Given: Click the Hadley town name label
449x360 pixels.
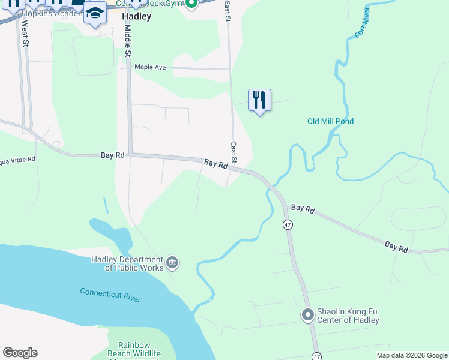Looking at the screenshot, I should [x=136, y=17].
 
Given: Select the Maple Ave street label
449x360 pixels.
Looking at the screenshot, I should [x=150, y=67].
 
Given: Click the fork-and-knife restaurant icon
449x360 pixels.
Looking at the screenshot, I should [x=259, y=100].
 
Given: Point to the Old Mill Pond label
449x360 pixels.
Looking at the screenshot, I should [x=330, y=121].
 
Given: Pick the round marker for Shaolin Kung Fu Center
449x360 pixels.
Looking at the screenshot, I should [x=308, y=315].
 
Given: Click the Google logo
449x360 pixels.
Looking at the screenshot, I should [x=20, y=353].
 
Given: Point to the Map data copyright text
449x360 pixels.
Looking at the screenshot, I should [x=412, y=355].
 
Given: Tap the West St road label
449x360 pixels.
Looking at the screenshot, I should [x=25, y=34].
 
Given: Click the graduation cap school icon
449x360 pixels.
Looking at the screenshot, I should [x=95, y=13].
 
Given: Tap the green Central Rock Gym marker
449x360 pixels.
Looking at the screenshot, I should [x=191, y=5].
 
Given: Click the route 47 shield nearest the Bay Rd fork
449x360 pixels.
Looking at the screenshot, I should [x=288, y=224].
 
